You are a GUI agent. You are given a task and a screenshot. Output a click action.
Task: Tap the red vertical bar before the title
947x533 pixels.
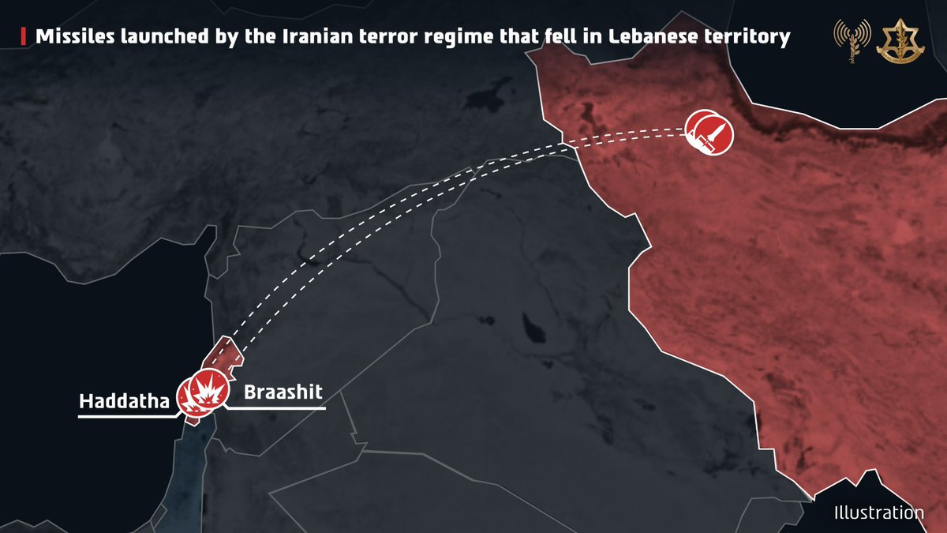click(x=21, y=36)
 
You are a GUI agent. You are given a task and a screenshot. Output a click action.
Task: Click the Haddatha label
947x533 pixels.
click(x=125, y=403)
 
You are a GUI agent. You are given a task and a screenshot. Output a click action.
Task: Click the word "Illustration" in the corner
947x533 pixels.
click(x=878, y=513)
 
